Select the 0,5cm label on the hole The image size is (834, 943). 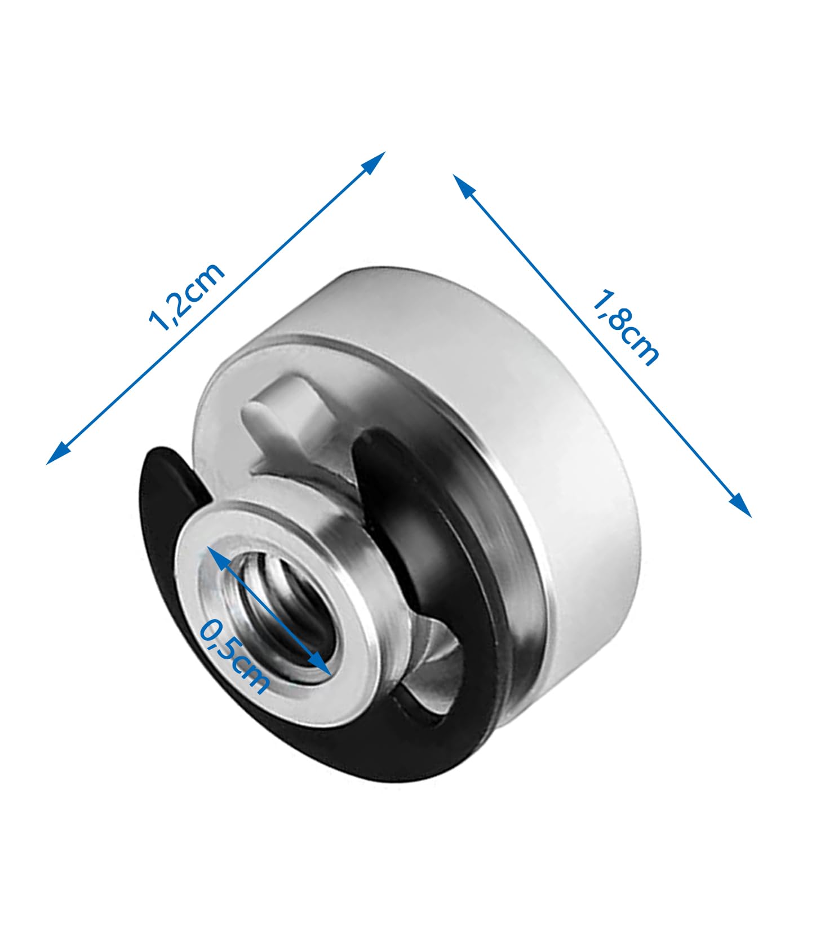point(234,656)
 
